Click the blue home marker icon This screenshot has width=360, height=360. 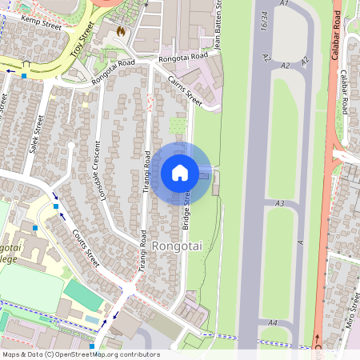[x=180, y=172]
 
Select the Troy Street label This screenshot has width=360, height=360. [x=82, y=38]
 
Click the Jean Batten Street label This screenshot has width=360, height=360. [x=217, y=27]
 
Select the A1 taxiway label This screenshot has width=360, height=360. [x=283, y=4]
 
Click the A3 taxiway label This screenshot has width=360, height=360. [x=279, y=204]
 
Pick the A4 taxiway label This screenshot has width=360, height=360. [x=272, y=322]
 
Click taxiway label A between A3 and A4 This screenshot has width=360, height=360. [x=301, y=242]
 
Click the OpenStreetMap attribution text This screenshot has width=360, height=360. [x=80, y=354]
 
